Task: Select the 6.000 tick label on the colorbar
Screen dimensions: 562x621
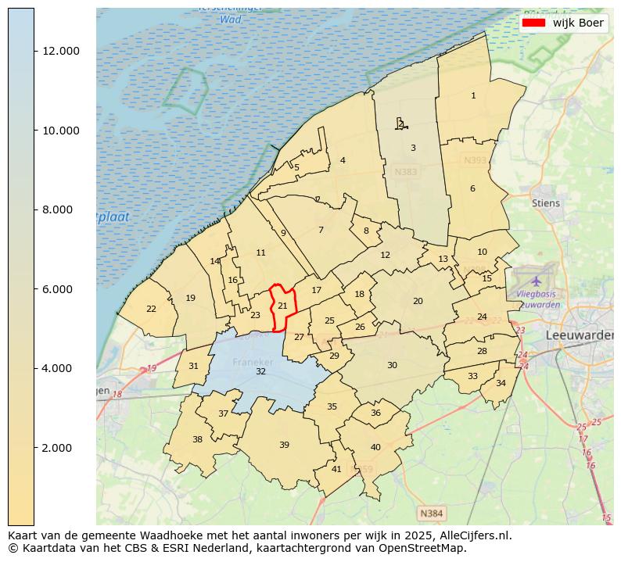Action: click(61, 289)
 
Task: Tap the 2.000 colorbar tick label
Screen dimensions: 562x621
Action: click(61, 448)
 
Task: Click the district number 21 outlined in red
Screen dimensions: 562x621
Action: click(282, 306)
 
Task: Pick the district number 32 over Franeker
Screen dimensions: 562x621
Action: click(260, 371)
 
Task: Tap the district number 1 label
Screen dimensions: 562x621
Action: click(473, 95)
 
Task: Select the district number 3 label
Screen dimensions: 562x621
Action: click(413, 148)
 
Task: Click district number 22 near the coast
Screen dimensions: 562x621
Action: click(151, 309)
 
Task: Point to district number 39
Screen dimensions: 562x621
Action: click(284, 445)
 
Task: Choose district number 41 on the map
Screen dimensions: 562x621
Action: click(336, 469)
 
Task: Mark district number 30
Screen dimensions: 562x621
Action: click(392, 365)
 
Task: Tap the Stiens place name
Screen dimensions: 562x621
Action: click(546, 203)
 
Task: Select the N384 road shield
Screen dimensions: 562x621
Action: click(431, 514)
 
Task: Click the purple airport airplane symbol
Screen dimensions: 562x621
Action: click(536, 280)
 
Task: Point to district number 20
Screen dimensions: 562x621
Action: click(418, 301)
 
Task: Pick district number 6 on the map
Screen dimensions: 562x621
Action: click(472, 188)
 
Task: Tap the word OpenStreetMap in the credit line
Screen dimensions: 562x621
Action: click(426, 548)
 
